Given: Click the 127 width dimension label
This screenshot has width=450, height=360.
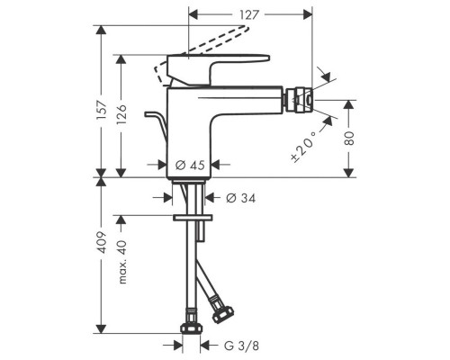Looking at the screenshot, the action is [248, 14].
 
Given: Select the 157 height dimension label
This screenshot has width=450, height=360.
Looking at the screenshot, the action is [102, 110].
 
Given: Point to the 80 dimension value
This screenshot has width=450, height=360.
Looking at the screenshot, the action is [348, 139].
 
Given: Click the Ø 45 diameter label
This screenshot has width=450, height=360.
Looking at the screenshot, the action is [190, 165].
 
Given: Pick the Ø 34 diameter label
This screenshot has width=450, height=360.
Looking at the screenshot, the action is [240, 198].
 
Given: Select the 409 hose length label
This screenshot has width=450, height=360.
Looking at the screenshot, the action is [102, 242].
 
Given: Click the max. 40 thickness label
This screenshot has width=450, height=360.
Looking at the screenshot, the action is [122, 262].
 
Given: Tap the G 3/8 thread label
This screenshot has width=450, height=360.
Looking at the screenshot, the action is [241, 346].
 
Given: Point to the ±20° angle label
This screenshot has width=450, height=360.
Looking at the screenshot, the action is [304, 147].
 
